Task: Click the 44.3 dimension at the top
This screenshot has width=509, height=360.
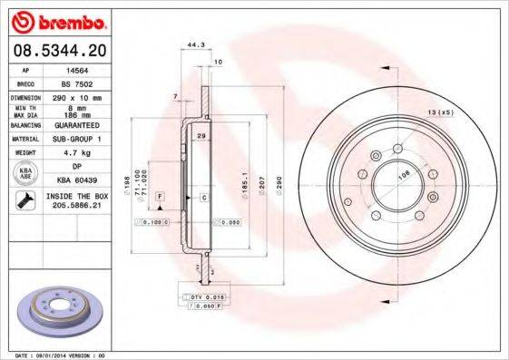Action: pos(192,44)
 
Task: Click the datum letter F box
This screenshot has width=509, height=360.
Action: pos(159,196)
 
